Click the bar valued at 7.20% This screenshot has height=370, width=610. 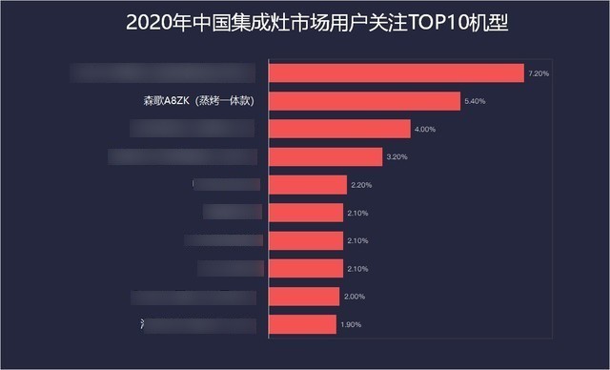click(x=396, y=73)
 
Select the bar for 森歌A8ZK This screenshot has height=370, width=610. click(x=365, y=101)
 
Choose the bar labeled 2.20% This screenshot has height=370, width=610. click(x=308, y=185)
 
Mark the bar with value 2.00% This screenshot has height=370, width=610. click(x=304, y=297)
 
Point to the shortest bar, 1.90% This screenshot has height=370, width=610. click(x=302, y=325)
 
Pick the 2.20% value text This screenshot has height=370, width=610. click(x=361, y=185)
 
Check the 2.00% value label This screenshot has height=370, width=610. click(x=354, y=297)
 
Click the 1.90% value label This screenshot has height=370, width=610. click(x=351, y=325)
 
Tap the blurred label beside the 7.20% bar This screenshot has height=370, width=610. click(x=164, y=73)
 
